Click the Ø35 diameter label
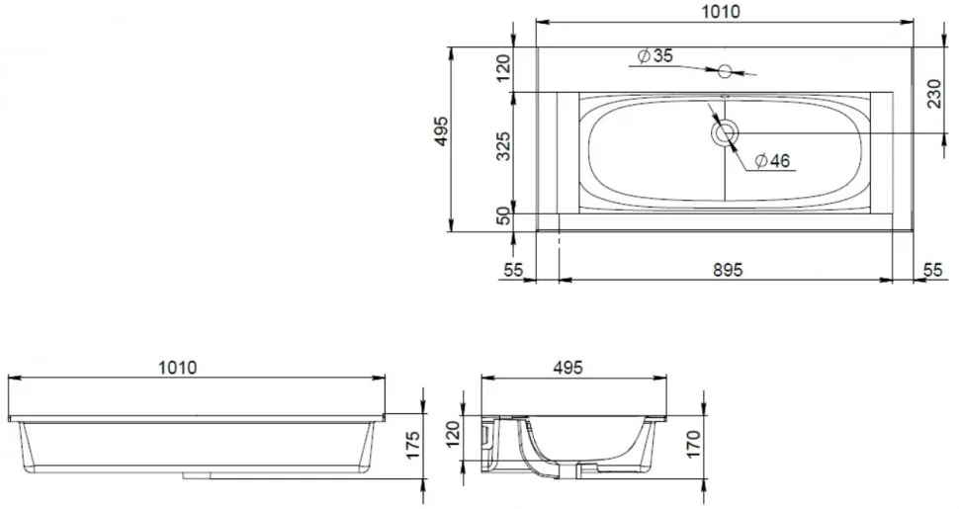[x=655, y=55]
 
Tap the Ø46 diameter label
[x=772, y=161]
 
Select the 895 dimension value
[x=728, y=270]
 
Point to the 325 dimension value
[x=503, y=145]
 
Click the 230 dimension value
[x=934, y=93]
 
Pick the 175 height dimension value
[x=413, y=446]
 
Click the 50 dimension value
[x=503, y=215]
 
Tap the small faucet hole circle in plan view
[x=725, y=71]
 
